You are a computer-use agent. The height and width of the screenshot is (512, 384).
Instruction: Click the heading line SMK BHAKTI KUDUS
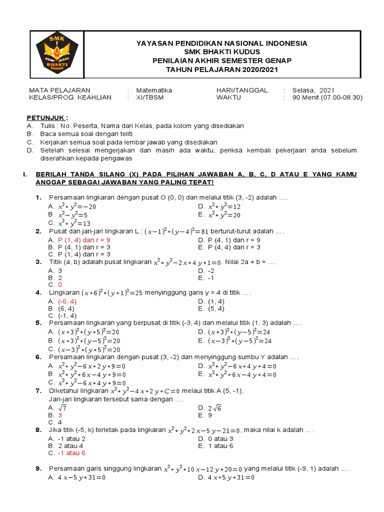point(222,52)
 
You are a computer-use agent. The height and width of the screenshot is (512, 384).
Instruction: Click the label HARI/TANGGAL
point(242,90)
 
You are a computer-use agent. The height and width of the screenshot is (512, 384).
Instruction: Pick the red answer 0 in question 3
point(60,284)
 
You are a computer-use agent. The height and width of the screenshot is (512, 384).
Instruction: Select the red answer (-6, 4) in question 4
point(67,301)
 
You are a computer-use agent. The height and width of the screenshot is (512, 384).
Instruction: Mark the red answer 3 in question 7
point(60,415)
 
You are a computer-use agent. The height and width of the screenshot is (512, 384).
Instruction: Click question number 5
point(38,323)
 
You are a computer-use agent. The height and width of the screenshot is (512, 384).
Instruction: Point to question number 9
point(38,468)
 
